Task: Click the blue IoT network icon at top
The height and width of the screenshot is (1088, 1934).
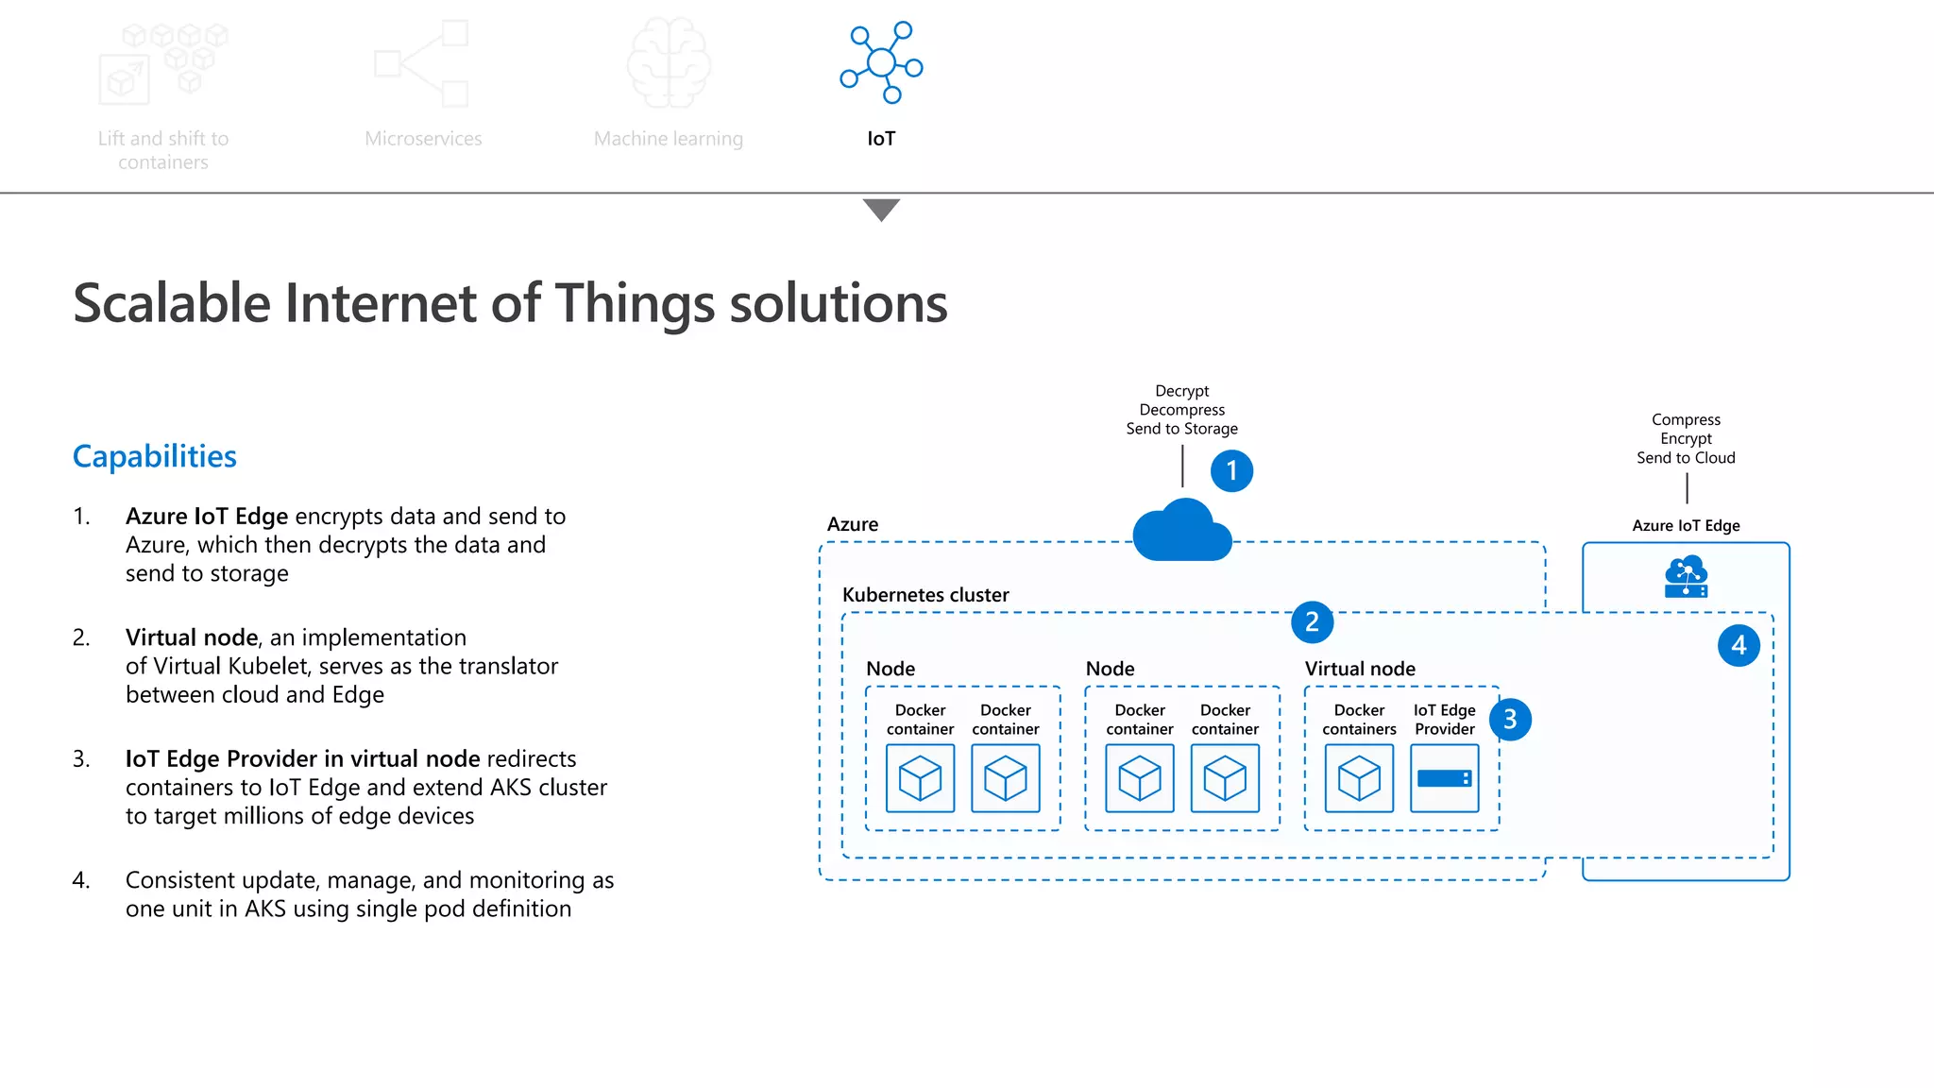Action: pos(881,62)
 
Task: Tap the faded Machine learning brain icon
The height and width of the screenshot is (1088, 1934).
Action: pos(669,63)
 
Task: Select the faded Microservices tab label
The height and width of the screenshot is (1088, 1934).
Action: pos(423,139)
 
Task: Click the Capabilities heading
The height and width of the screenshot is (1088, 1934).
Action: pos(154,456)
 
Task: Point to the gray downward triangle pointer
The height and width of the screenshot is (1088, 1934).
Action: pos(881,209)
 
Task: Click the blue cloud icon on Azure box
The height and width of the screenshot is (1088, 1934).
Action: pos(1181,532)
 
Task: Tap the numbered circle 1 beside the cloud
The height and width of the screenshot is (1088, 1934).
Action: pos(1231,470)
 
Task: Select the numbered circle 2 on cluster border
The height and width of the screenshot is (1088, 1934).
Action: pos(1312,621)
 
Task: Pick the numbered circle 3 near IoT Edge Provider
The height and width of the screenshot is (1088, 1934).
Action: pos(1509,720)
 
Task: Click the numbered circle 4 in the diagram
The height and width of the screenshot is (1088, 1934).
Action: pos(1739,645)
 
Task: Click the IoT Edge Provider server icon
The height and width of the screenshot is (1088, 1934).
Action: pos(1444,778)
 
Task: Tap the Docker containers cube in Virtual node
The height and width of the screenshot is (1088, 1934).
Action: pos(1359,778)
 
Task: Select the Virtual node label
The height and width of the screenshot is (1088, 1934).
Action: pos(1360,669)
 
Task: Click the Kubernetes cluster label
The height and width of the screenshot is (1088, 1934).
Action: pos(925,595)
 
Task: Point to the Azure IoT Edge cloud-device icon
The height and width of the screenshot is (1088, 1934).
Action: pos(1686,577)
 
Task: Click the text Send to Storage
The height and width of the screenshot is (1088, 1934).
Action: pos(1181,429)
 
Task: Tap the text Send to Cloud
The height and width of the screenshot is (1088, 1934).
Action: pos(1686,458)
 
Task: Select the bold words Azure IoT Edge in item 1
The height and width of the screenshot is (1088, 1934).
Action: pos(207,517)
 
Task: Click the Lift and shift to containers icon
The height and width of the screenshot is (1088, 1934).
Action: pos(162,64)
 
